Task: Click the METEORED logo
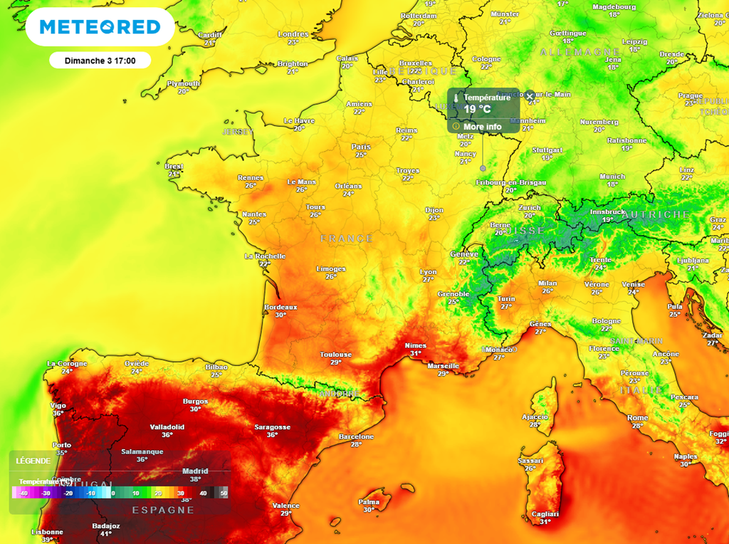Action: tap(100, 27)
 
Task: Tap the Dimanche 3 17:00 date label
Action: tap(100, 61)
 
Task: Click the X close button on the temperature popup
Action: tap(530, 96)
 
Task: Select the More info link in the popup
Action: tap(482, 127)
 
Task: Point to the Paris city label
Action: tap(361, 147)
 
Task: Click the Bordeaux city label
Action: tap(280, 307)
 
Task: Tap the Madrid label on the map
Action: tap(195, 471)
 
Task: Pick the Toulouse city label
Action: tap(335, 355)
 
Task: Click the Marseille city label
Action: tap(443, 366)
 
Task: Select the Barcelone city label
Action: tap(356, 436)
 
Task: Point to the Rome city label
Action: tap(637, 418)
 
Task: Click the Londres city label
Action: tap(293, 34)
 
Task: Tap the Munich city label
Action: tap(612, 177)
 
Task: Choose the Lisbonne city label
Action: tap(47, 532)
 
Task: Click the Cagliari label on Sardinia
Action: tap(545, 514)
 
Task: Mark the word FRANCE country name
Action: tap(346, 239)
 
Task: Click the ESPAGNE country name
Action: tap(163, 510)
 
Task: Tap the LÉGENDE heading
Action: tap(33, 461)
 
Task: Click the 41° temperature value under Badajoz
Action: tap(107, 533)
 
